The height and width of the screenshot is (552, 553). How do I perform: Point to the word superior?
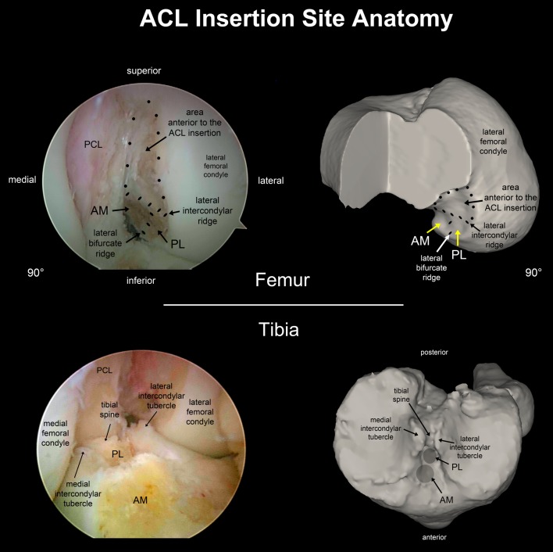[x=144, y=72]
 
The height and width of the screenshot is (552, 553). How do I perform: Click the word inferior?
[x=144, y=279]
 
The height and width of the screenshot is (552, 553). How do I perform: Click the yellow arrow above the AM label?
[x=436, y=227]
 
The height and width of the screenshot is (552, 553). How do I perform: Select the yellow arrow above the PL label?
[x=458, y=232]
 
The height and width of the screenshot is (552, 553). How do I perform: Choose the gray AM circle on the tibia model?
[x=424, y=472]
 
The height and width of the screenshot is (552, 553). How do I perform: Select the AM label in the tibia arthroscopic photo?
[x=140, y=500]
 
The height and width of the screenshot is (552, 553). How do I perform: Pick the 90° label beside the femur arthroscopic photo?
[x=34, y=273]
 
